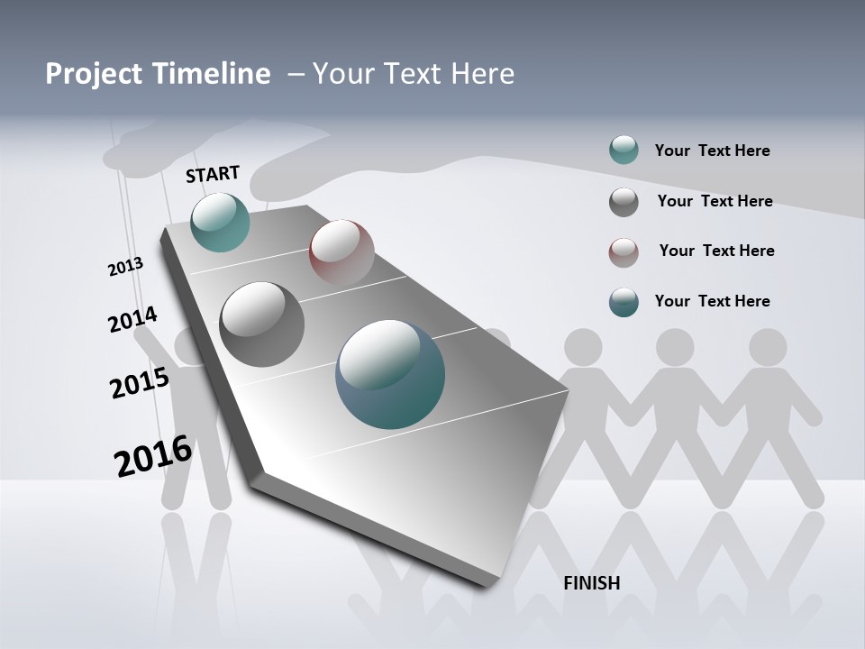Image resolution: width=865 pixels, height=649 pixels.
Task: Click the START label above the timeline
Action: [213, 174]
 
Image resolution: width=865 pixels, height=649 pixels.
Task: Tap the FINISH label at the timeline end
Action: [591, 583]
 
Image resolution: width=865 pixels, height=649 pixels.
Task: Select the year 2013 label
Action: [125, 267]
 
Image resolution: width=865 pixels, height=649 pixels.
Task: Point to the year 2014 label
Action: [132, 320]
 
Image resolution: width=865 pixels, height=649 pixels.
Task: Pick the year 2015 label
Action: [140, 383]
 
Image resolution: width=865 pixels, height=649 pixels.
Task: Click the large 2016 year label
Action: [153, 456]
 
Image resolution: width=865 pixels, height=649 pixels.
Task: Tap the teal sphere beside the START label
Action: [220, 222]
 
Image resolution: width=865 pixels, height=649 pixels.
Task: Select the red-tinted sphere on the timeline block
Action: [341, 251]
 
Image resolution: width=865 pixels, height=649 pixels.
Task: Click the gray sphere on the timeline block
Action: [262, 324]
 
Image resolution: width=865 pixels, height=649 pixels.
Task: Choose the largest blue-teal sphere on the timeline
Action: [390, 374]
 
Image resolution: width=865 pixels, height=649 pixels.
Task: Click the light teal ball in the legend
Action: [624, 150]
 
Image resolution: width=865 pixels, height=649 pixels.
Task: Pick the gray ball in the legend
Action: [624, 202]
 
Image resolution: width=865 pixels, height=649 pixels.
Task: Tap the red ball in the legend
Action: [624, 252]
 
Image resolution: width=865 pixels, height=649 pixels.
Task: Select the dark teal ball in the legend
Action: [624, 302]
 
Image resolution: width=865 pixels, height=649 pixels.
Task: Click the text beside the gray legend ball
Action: [715, 201]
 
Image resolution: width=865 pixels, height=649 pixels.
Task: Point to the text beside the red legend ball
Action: [716, 251]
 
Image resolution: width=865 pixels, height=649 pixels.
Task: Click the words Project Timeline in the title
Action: [158, 74]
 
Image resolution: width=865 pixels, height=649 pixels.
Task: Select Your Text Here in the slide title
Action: [413, 74]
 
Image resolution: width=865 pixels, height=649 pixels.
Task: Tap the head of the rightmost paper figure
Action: [768, 347]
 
